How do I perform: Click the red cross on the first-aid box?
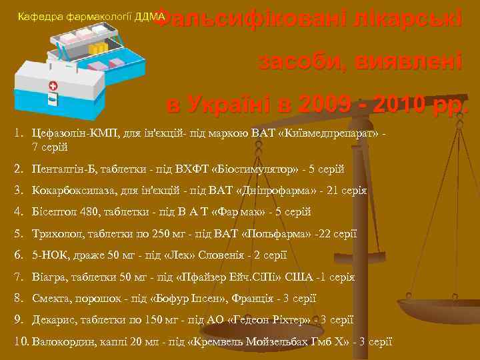pos(53,87)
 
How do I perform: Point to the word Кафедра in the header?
pos(39,16)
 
